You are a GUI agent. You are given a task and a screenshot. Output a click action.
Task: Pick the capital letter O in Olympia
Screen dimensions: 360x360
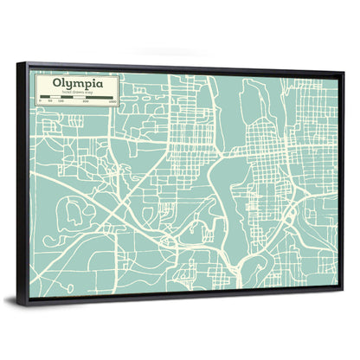[x=57, y=85]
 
